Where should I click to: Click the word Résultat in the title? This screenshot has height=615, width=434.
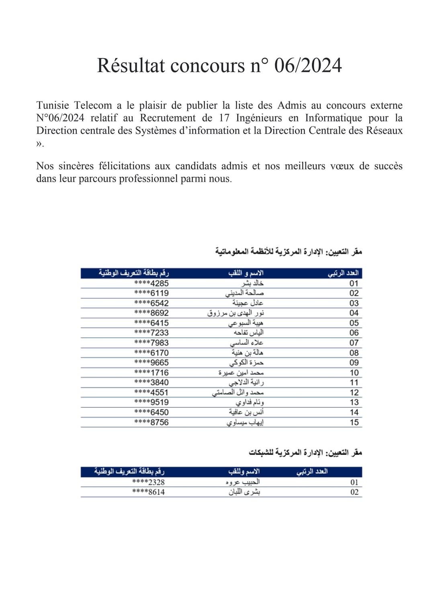[131, 66]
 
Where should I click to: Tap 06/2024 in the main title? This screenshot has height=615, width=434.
[308, 66]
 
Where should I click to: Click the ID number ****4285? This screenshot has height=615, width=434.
[151, 283]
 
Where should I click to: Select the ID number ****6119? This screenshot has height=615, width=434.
[151, 293]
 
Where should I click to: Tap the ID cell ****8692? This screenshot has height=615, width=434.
[151, 313]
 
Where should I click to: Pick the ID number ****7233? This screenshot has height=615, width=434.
[151, 333]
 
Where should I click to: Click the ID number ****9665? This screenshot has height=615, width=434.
[151, 362]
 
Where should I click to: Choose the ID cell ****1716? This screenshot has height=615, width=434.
[151, 372]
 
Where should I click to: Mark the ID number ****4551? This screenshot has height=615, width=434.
[151, 392]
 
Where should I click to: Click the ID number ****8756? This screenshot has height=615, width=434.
[151, 422]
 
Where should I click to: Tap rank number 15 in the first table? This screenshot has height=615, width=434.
[354, 422]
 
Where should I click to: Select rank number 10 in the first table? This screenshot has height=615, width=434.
[354, 372]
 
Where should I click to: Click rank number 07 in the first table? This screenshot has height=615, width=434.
[354, 343]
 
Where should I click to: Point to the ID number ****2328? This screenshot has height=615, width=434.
[148, 482]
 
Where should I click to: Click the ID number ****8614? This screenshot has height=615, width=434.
[148, 492]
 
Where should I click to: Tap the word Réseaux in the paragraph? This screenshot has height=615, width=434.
[384, 130]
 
